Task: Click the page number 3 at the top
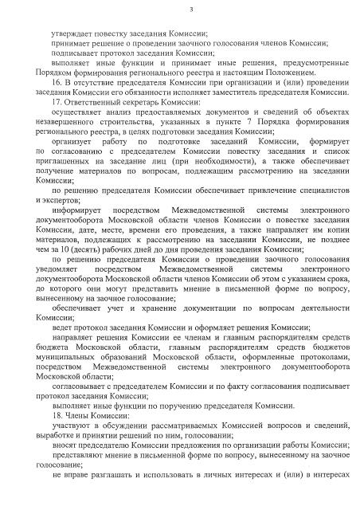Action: (x=181, y=9)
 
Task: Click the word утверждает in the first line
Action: (x=68, y=33)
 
